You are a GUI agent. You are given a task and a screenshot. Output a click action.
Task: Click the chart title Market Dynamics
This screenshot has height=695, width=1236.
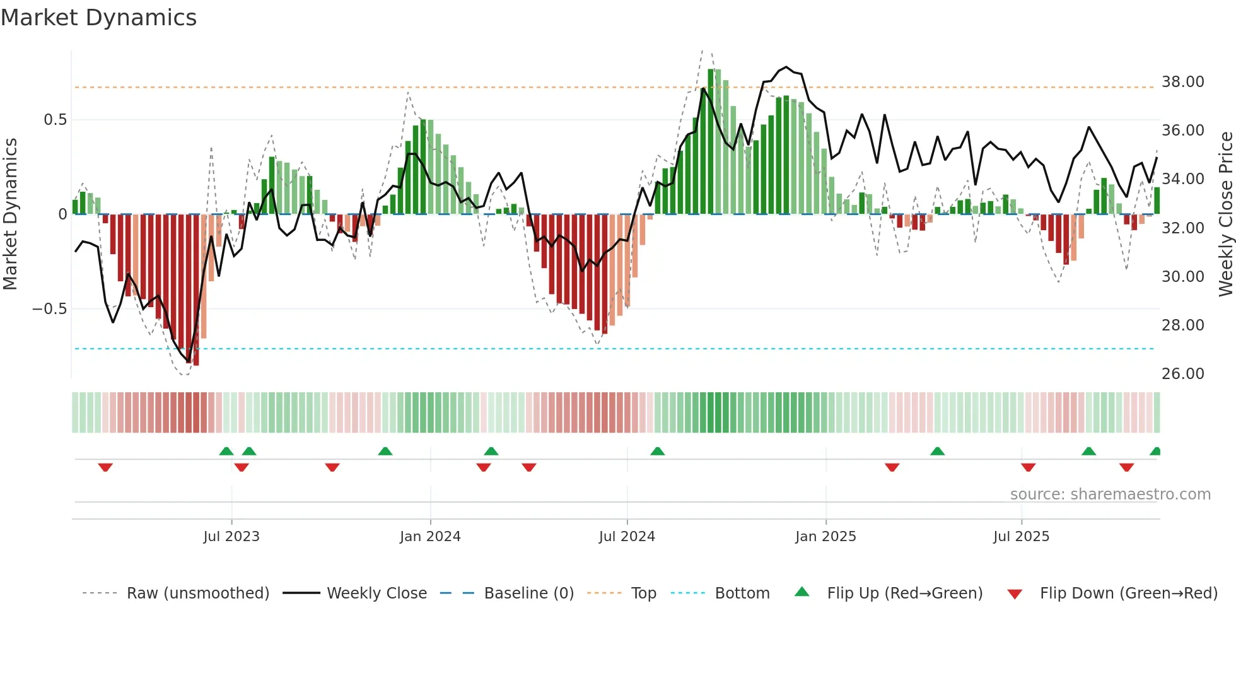[99, 18]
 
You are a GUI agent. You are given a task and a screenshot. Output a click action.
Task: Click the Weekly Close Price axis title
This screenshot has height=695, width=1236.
[1225, 214]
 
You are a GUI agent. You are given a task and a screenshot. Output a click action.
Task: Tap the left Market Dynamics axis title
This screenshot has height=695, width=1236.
[10, 214]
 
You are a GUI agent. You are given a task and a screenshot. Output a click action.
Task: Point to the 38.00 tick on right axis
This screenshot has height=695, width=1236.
[1182, 82]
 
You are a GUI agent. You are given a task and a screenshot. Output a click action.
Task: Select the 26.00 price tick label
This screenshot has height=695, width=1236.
[1182, 374]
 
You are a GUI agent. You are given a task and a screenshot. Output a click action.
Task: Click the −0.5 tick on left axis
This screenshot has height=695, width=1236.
[49, 309]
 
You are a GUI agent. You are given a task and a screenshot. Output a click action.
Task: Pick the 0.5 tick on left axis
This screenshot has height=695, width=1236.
[55, 120]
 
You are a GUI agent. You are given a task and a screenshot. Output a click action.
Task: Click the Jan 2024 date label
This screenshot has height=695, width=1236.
[430, 537]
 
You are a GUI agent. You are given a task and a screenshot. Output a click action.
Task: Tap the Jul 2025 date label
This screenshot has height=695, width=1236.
[1021, 537]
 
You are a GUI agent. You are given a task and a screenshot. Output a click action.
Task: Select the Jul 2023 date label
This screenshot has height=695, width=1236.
[231, 537]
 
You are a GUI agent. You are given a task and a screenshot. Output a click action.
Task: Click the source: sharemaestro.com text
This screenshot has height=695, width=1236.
[1110, 494]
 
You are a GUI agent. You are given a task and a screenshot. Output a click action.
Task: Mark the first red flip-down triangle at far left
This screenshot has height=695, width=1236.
[105, 467]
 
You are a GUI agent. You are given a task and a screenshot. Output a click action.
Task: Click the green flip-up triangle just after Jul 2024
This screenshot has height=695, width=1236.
[657, 451]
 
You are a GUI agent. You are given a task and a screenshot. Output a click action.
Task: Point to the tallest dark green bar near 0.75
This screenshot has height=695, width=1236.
[711, 141]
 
